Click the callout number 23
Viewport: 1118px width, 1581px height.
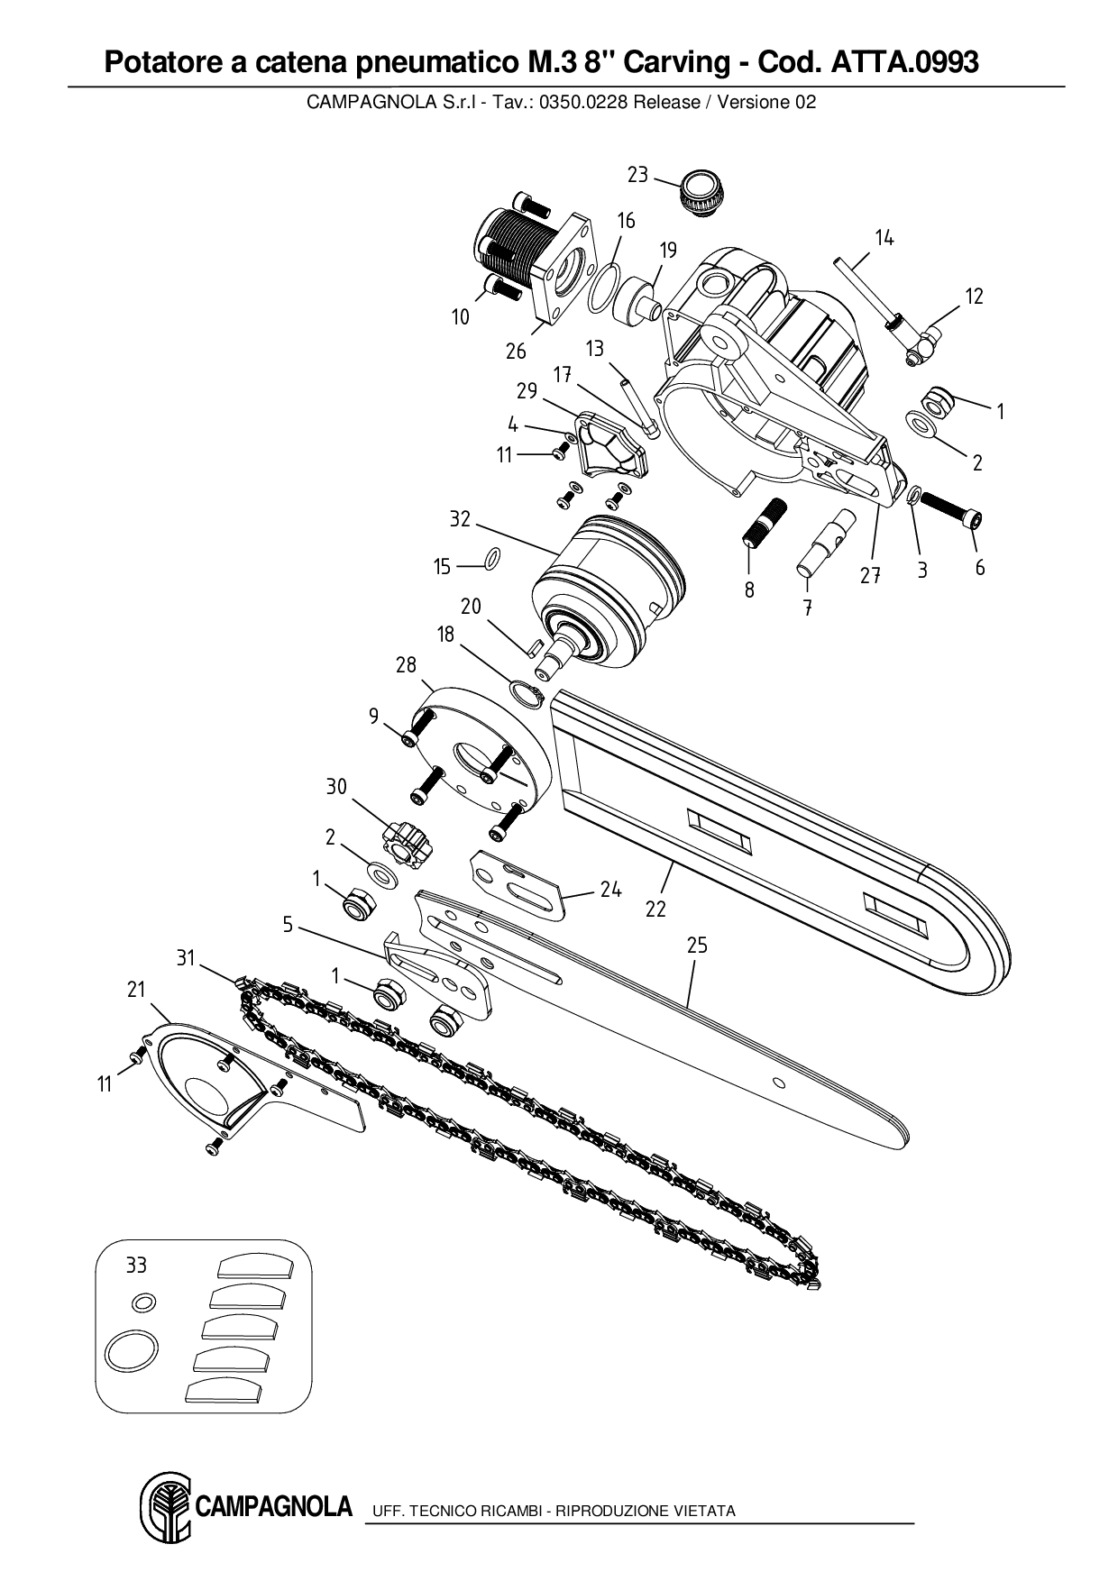637,175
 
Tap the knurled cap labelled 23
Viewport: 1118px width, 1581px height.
704,192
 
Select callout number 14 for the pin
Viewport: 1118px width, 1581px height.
884,238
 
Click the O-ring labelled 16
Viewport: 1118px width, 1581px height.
604,288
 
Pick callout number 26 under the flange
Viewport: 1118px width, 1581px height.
515,351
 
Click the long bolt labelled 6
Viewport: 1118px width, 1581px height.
950,517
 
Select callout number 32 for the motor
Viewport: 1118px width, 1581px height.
460,519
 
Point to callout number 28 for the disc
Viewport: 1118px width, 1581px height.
406,665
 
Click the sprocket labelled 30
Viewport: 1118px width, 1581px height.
402,842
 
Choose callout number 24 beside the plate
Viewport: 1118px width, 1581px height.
610,890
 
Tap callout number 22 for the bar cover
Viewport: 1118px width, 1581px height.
655,909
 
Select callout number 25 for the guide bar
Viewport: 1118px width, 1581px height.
697,946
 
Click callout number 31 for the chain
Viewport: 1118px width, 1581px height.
186,958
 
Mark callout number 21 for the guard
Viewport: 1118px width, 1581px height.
136,990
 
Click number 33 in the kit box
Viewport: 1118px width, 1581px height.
136,1266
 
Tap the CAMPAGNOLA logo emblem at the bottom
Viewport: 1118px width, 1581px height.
165,1509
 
